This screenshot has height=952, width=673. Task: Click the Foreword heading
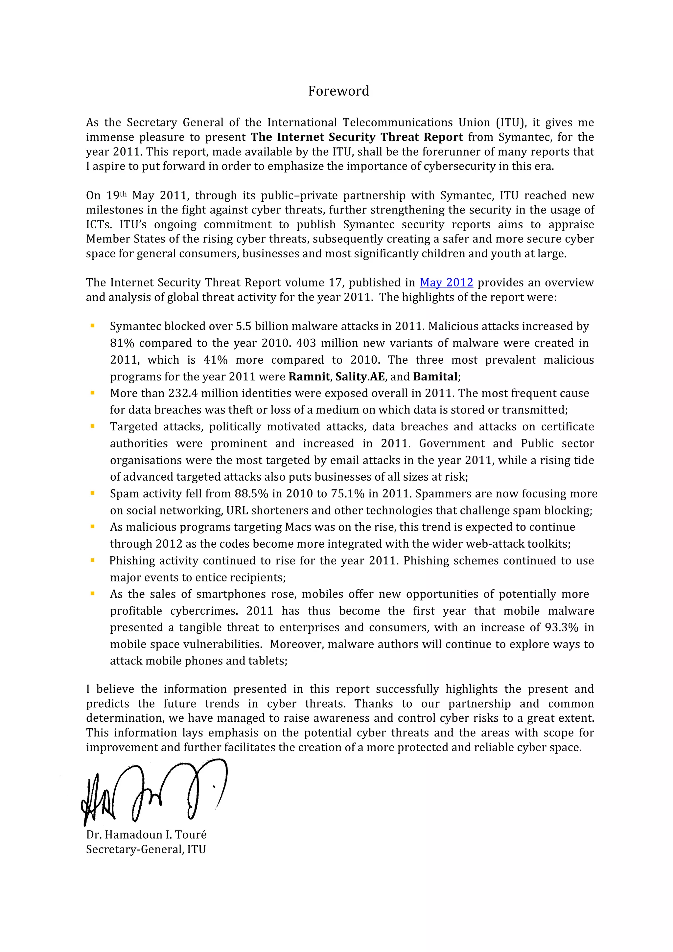coord(338,91)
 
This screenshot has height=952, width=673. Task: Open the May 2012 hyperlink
coord(446,283)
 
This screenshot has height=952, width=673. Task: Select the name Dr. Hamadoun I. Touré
coord(146,835)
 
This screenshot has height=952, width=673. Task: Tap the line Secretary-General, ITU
coord(146,849)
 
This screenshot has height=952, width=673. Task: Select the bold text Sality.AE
coord(360,376)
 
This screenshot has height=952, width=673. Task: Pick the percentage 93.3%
coord(562,627)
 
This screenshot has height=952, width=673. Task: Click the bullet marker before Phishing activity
coord(92,560)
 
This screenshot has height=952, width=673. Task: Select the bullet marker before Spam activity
coord(92,493)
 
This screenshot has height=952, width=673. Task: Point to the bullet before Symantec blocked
coord(92,326)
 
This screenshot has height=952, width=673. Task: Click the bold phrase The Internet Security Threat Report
coord(357,137)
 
